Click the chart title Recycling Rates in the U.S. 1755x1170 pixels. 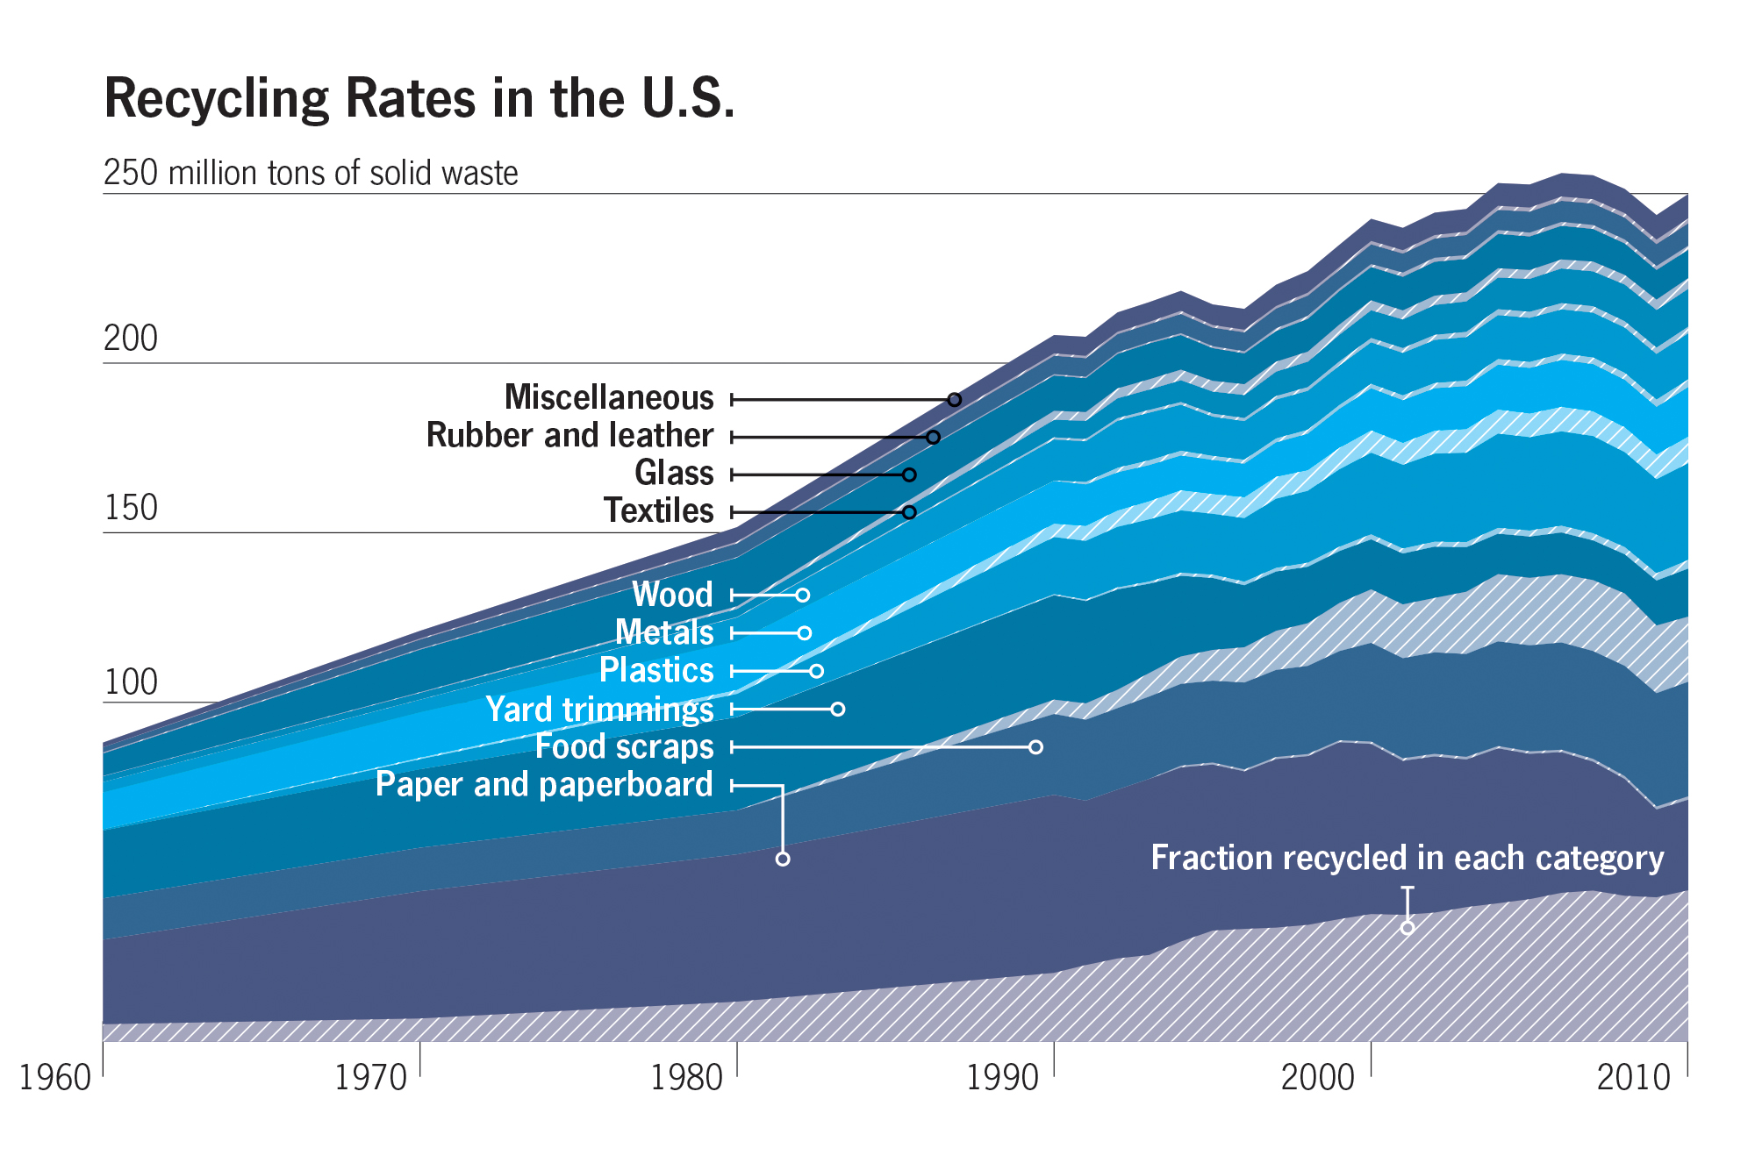pyautogui.click(x=419, y=98)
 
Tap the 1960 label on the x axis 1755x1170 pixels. pyautogui.click(x=55, y=1078)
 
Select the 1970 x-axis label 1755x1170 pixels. pyautogui.click(x=371, y=1078)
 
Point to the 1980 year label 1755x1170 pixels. pyautogui.click(x=687, y=1078)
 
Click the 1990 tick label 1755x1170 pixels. pyautogui.click(x=1003, y=1078)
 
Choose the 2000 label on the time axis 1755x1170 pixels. pyautogui.click(x=1318, y=1078)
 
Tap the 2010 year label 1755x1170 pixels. pyautogui.click(x=1634, y=1078)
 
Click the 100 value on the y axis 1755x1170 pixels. pyautogui.click(x=131, y=682)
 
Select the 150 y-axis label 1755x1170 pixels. pyautogui.click(x=131, y=509)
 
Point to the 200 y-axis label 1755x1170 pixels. pyautogui.click(x=131, y=339)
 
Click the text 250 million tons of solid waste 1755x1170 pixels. pyautogui.click(x=311, y=174)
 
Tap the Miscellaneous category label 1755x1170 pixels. pyautogui.click(x=609, y=398)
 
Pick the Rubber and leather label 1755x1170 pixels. pyautogui.click(x=569, y=436)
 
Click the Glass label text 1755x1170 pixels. pyautogui.click(x=674, y=474)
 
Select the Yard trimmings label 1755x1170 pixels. pyautogui.click(x=599, y=709)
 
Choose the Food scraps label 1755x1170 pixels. pyautogui.click(x=624, y=746)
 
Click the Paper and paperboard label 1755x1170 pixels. pyautogui.click(x=544, y=784)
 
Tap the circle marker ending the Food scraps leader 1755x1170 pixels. pyautogui.click(x=1035, y=747)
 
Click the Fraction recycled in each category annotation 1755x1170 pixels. pyautogui.click(x=1407, y=858)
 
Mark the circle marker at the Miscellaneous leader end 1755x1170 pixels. pyautogui.click(x=955, y=400)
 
